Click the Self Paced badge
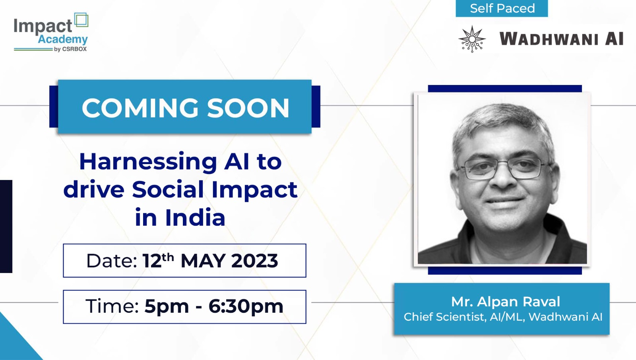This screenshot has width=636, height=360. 502,8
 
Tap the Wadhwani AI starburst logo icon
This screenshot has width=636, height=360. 472,39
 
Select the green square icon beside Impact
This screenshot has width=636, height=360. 81,20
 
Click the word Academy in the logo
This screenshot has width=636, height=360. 63,39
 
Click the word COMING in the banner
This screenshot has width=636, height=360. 140,108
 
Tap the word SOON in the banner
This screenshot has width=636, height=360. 248,108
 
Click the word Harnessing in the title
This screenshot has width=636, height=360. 148,162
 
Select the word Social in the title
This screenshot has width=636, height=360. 168,190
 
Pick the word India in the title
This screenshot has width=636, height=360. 195,217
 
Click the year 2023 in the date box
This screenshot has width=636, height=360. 254,261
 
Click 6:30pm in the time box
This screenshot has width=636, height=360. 246,307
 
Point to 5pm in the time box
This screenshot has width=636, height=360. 167,307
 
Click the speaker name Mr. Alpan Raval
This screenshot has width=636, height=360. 506,302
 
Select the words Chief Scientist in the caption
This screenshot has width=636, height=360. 444,317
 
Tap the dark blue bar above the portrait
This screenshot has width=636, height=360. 505,89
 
